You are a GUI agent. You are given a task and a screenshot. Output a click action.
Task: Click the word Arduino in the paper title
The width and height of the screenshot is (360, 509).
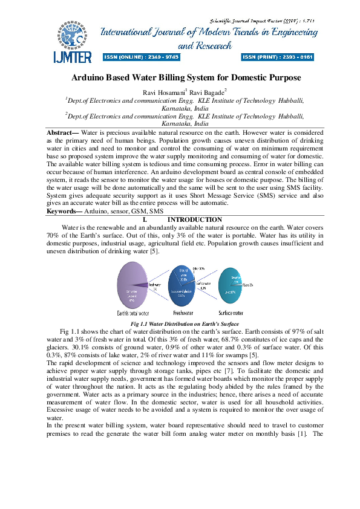coord(92,78)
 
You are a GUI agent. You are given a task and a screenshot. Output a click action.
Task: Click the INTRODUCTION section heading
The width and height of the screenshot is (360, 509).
coord(194,219)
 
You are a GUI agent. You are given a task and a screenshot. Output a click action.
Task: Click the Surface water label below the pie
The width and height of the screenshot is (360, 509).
coord(231,313)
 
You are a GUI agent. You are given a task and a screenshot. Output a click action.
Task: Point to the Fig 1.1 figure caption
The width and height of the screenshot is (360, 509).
coord(180,324)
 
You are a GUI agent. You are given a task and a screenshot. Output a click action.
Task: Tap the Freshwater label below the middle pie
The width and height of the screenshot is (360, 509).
coord(184,313)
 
